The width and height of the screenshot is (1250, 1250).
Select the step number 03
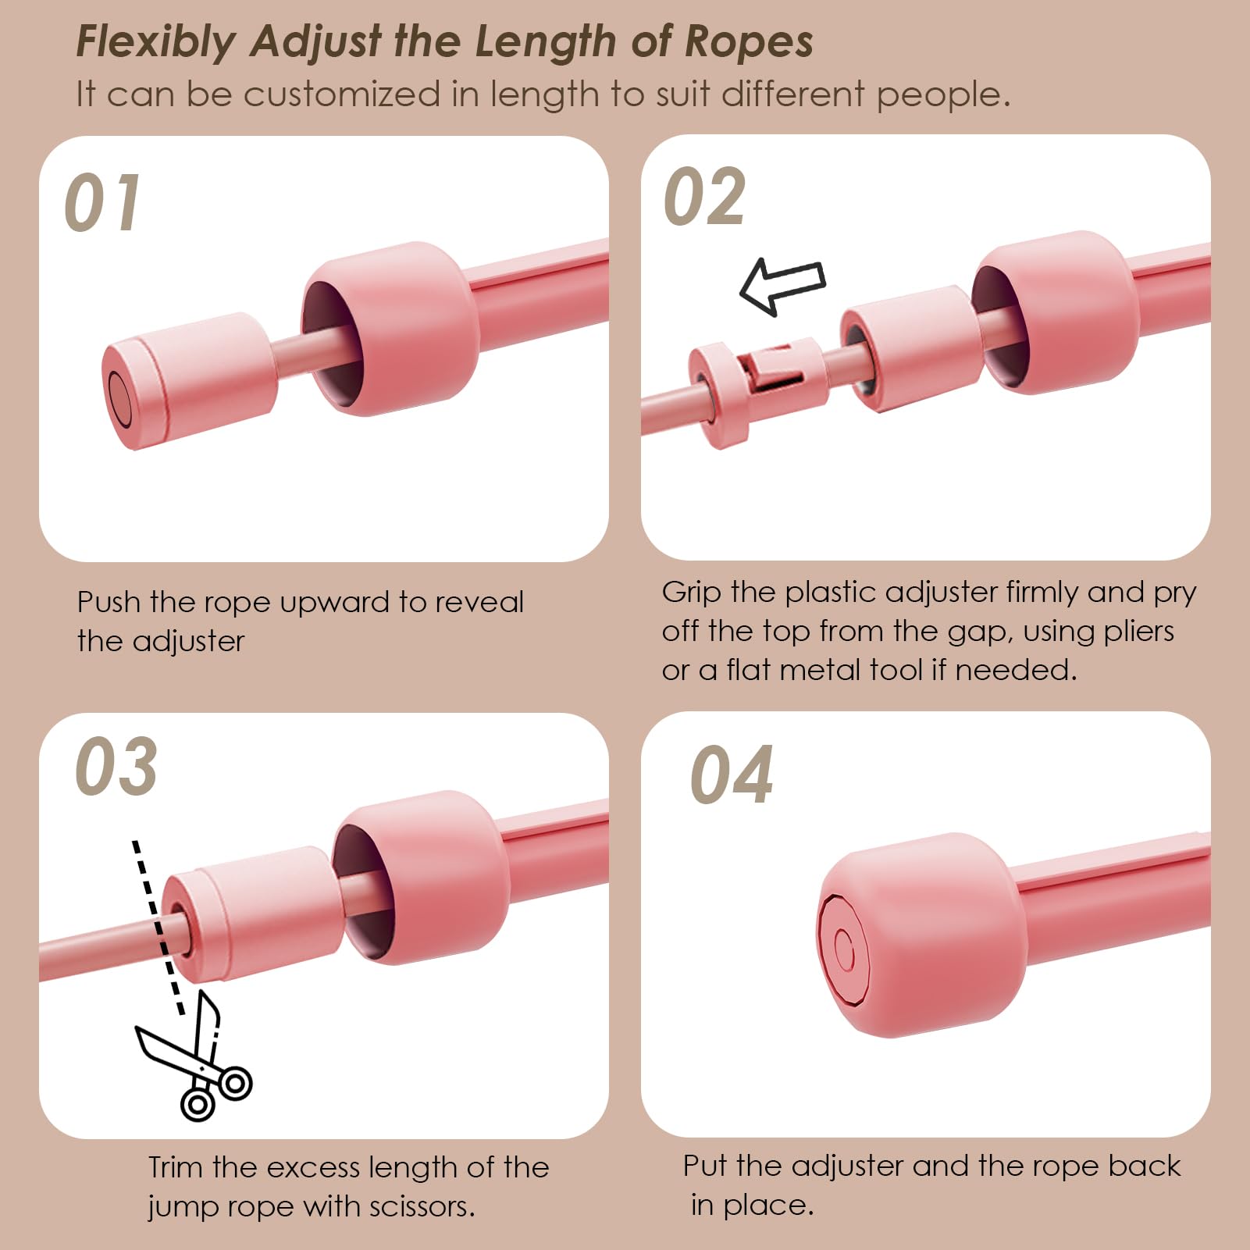click(116, 766)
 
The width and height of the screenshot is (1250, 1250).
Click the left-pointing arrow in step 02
click(782, 287)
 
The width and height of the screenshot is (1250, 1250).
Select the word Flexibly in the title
click(156, 42)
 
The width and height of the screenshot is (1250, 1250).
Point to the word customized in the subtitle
click(342, 94)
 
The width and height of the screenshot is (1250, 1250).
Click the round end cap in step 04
click(921, 935)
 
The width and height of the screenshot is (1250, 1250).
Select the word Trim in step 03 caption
click(176, 1167)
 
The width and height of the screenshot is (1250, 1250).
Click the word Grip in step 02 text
click(692, 593)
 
